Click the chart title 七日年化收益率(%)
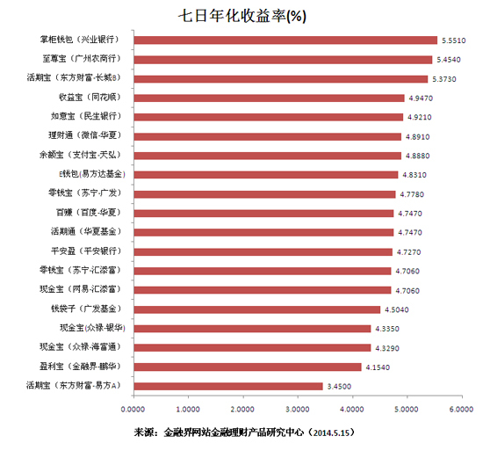coord(241,16)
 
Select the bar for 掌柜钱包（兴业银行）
coord(285,40)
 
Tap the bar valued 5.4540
coord(283,59)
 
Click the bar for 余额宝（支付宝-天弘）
coord(267,155)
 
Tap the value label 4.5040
coord(396,309)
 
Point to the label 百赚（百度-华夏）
coord(85,213)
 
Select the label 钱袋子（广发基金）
coord(85,309)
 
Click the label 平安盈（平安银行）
coord(85,251)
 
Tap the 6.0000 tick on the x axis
coord(461,410)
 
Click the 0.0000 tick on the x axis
coord(133,410)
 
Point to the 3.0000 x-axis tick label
coord(298,410)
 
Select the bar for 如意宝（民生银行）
coord(268,116)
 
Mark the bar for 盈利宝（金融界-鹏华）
coord(247,367)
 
